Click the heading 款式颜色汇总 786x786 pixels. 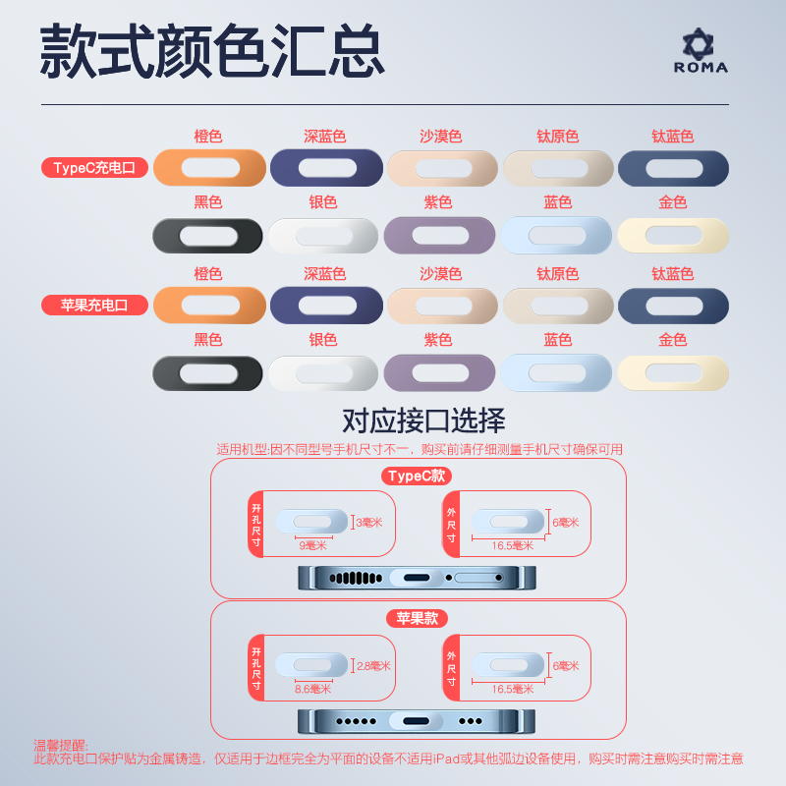(x=211, y=51)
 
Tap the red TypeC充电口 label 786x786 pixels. (x=94, y=168)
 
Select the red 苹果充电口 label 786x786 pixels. (x=94, y=305)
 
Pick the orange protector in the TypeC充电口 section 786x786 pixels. (x=209, y=168)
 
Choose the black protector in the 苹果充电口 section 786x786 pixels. (x=208, y=373)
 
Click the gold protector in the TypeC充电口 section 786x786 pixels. (x=673, y=236)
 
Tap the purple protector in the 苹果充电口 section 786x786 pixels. (x=439, y=373)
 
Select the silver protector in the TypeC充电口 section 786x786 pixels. (x=323, y=236)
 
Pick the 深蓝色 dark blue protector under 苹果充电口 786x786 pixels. (x=326, y=305)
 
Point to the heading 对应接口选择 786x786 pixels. (x=423, y=421)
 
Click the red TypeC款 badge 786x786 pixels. (x=418, y=477)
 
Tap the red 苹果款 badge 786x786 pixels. (x=418, y=619)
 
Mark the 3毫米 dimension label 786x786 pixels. (x=370, y=523)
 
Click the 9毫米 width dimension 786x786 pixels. (x=312, y=545)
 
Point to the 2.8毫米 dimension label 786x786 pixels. (x=372, y=665)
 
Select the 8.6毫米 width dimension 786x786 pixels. (x=312, y=689)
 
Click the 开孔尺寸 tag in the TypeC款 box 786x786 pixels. (x=256, y=525)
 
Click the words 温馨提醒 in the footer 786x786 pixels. (x=61, y=746)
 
